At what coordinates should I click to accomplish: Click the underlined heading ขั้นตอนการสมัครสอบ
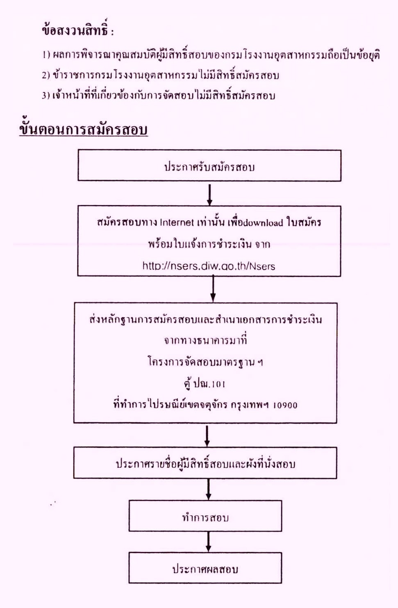click(x=84, y=129)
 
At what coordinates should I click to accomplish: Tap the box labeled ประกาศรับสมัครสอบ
click(x=209, y=166)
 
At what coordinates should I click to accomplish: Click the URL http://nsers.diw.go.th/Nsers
click(x=209, y=266)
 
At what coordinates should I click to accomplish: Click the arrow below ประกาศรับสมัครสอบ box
click(x=209, y=195)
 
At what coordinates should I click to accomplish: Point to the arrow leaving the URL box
click(x=213, y=289)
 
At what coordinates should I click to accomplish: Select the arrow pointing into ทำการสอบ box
click(x=208, y=490)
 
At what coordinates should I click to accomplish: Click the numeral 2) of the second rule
click(x=46, y=75)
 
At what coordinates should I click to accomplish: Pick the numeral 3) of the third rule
click(x=46, y=96)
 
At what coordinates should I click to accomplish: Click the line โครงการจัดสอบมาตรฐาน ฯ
click(x=205, y=362)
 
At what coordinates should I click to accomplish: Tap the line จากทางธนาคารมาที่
click(x=205, y=340)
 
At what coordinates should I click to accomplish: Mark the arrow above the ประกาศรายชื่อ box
click(x=207, y=435)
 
